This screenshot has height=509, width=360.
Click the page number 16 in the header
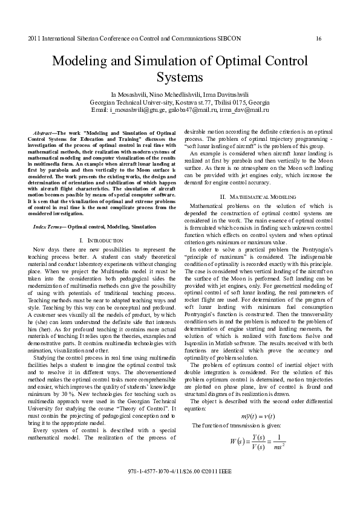click(318, 39)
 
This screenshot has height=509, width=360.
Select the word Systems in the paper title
click(179, 78)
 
